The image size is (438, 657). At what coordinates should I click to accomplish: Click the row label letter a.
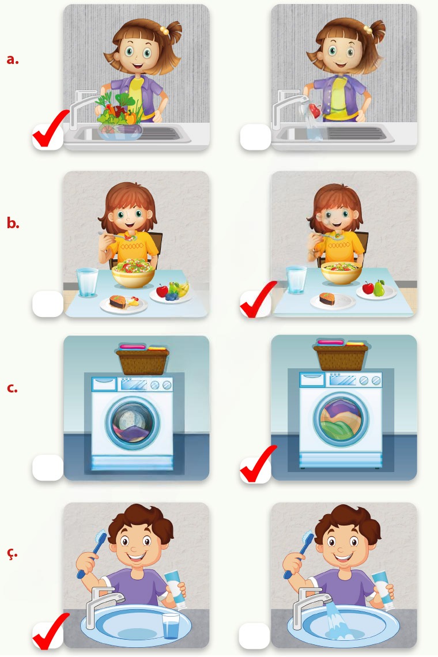coord(13,59)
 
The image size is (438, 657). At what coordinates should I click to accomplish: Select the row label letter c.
coord(12,388)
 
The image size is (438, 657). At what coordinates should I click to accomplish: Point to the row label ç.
coord(12,553)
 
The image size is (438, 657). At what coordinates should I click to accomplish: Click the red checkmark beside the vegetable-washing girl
coord(50,129)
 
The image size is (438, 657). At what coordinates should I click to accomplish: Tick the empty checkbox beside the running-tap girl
coord(255,137)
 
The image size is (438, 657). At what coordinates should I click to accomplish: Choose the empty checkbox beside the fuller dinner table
coord(48,303)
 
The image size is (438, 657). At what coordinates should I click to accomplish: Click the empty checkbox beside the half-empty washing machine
coord(48,467)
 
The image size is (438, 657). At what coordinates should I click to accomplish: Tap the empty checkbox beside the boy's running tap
coord(254,636)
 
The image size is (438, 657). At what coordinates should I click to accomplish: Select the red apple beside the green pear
coord(368,288)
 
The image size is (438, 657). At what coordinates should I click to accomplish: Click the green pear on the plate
coord(379,288)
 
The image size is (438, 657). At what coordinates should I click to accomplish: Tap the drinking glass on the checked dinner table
coord(296,280)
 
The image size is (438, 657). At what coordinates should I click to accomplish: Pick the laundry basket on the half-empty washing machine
coord(142,359)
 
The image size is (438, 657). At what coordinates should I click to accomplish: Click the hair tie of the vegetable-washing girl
coord(164,30)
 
